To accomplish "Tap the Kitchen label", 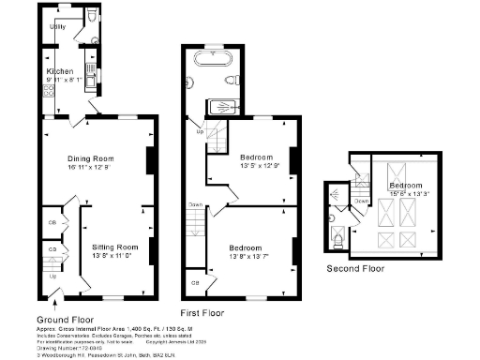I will pos(62,71).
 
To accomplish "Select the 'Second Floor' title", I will pos(355,268).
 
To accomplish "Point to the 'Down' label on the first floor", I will pos(195,204).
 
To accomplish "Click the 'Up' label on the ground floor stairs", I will pos(52,277).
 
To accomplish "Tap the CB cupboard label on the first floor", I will pos(195,282).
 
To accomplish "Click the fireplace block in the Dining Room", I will pos(150,160).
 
